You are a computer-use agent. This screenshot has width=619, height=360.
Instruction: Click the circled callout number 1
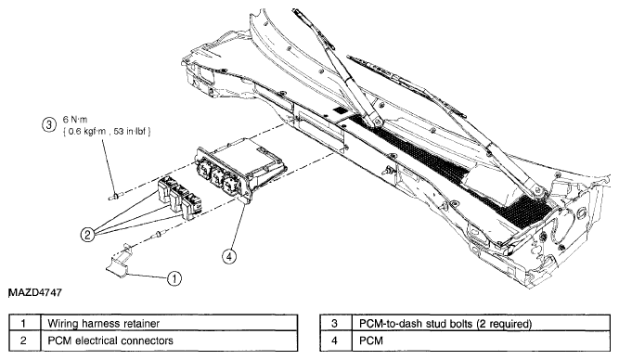(x=174, y=278)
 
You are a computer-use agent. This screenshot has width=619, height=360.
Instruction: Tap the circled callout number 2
(x=87, y=235)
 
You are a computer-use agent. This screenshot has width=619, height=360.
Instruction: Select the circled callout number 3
(x=48, y=125)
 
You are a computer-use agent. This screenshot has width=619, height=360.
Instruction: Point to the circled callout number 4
(x=229, y=257)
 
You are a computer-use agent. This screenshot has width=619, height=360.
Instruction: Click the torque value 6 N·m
(x=75, y=120)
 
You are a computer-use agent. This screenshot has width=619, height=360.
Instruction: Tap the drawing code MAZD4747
(x=35, y=292)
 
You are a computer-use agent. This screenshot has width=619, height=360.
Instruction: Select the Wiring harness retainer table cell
(x=169, y=324)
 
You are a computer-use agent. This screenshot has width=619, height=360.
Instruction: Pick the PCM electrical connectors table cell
(x=169, y=341)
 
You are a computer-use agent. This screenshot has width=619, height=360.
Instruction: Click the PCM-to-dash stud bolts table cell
(x=481, y=324)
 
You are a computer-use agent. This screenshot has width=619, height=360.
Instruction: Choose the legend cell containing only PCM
(x=481, y=341)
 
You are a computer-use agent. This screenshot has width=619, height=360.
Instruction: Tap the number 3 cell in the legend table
(x=336, y=324)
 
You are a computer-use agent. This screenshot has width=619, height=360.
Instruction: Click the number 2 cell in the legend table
(x=25, y=341)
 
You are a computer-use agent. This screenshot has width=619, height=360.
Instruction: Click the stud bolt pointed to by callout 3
(x=116, y=195)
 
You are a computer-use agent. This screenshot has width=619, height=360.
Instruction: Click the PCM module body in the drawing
(x=241, y=165)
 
